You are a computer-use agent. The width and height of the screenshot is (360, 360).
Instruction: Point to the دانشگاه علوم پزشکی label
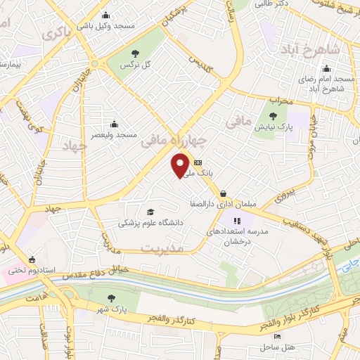[150, 223]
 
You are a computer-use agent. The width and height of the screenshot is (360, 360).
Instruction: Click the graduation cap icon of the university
[150, 212]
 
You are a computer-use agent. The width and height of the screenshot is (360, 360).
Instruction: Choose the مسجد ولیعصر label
[117, 134]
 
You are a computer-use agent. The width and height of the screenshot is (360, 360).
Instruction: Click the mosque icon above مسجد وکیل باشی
[106, 15]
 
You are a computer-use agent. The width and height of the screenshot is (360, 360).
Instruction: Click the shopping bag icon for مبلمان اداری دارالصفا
[223, 193]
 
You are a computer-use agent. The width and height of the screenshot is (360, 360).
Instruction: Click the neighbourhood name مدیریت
[161, 249]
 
